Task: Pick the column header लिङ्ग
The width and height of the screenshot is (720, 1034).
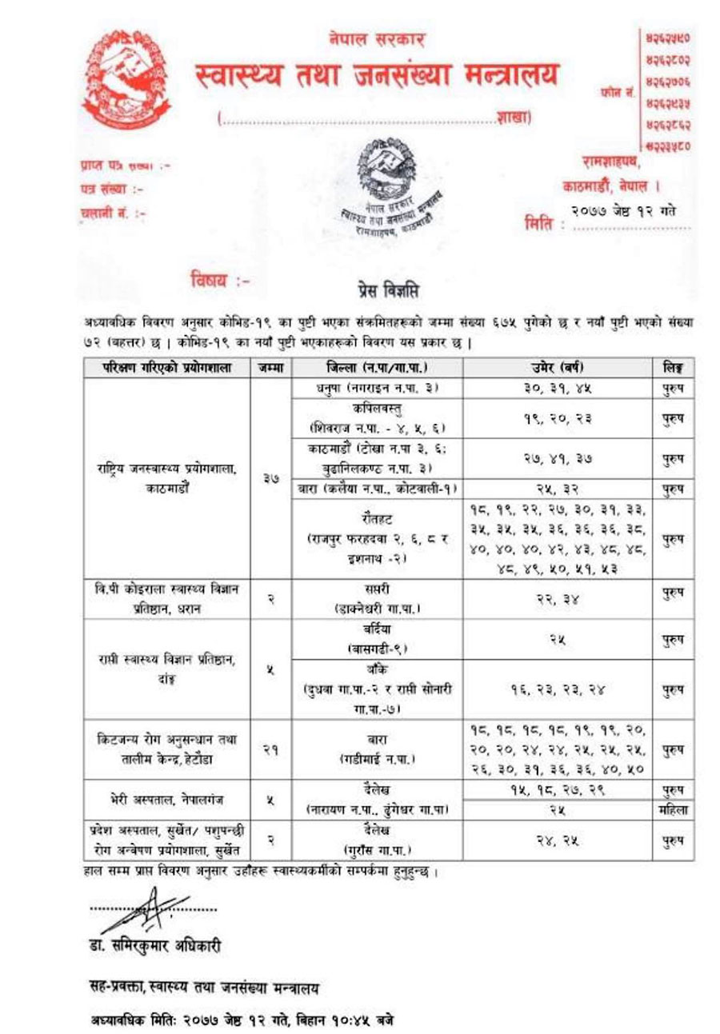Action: pos(671,368)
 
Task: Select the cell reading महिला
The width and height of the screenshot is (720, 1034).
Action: pos(671,810)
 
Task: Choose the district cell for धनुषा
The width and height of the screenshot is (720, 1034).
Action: pos(374,388)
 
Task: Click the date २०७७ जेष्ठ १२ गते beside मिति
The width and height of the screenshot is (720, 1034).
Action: pos(623,210)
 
